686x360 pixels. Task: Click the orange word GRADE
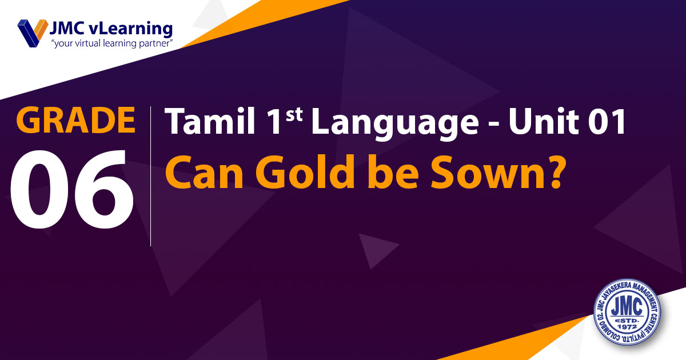tap(75, 119)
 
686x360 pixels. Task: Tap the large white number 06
tap(71, 189)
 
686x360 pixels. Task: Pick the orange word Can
tap(204, 173)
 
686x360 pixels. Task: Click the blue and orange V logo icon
tap(33, 33)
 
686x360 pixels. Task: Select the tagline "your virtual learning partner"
tap(112, 44)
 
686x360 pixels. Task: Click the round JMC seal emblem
tap(627, 312)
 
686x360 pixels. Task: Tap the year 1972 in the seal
tap(627, 327)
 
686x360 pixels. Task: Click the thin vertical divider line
tap(151, 176)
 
